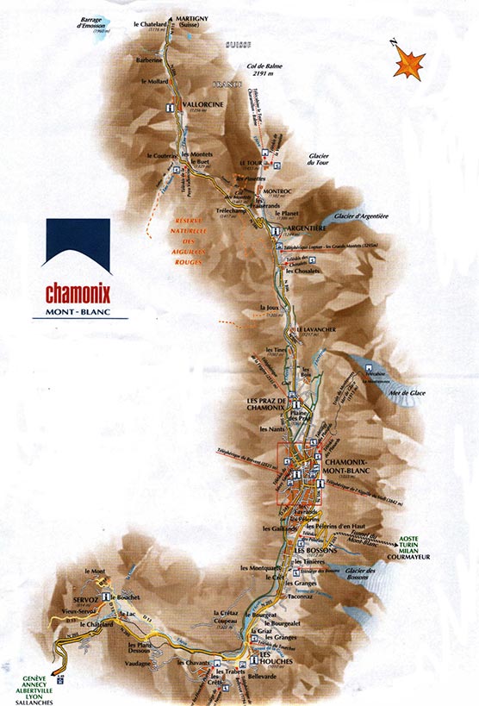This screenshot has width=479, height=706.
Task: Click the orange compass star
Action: [x=410, y=64]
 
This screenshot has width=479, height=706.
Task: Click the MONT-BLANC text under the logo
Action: [x=79, y=312]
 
